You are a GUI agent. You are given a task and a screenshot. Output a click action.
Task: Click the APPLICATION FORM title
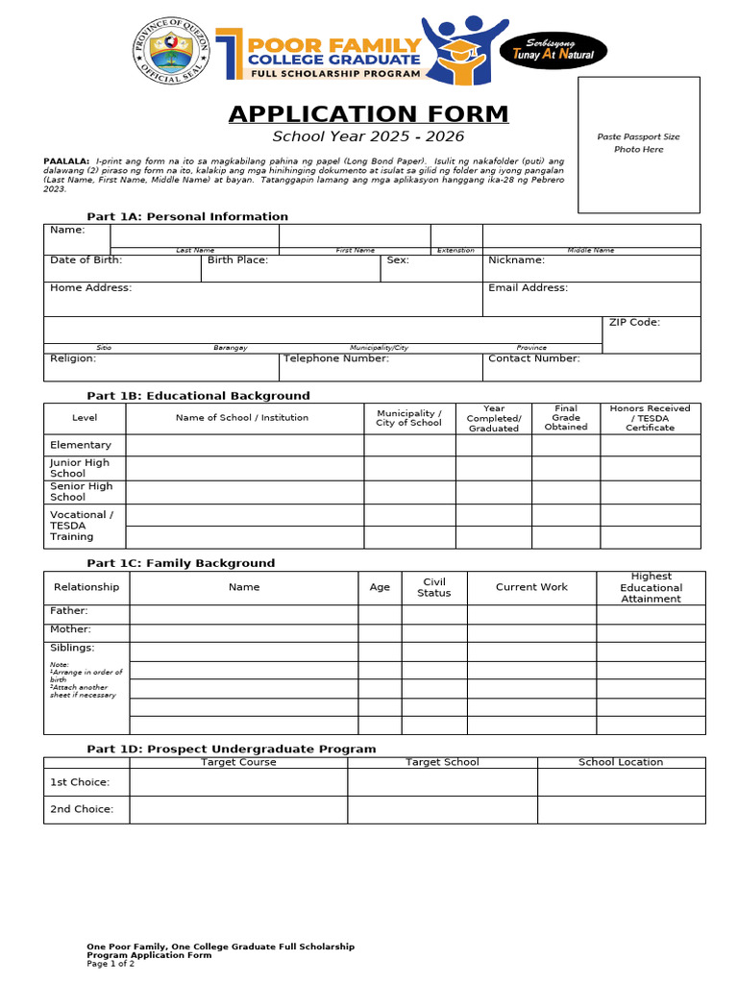pos(368,114)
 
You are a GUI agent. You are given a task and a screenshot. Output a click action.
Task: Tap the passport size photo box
pos(639,144)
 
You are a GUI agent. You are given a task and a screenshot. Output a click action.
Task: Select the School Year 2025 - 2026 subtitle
pos(368,136)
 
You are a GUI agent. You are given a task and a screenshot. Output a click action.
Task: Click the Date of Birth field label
pos(86,260)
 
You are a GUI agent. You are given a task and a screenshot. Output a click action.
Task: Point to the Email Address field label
pos(528,287)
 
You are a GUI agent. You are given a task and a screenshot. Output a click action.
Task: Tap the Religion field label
pos(73,358)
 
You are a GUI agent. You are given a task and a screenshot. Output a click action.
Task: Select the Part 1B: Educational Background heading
pos(198,396)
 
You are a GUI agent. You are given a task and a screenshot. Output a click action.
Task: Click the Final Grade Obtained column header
pos(566,418)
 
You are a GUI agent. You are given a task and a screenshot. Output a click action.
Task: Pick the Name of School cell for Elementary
pos(244,445)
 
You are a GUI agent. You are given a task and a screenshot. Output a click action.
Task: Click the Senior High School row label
pos(81,492)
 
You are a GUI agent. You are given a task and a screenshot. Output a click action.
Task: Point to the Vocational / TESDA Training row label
pos(81,526)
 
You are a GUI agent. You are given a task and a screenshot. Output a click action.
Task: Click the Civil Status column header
pos(433,587)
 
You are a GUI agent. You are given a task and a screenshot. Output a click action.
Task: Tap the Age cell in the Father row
pos(380,614)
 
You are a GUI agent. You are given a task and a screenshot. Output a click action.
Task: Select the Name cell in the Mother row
pos(244,632)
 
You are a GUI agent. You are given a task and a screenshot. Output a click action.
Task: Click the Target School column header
pos(442,762)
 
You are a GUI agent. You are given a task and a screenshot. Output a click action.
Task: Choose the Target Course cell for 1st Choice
pos(238,782)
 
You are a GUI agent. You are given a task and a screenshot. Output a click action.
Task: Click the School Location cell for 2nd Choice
pos(621,809)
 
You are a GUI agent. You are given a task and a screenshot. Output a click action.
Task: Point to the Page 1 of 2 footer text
pos(111,964)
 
